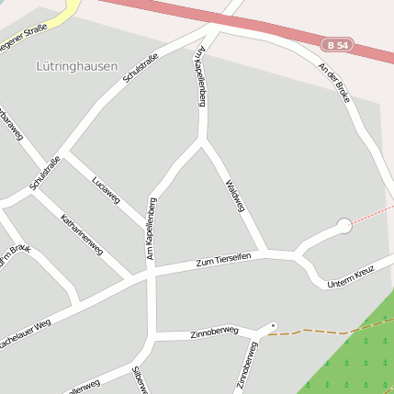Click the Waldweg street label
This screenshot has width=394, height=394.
pos(234,196)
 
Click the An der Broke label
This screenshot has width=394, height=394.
pos(332,82)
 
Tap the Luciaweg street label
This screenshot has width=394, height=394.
pos(107,187)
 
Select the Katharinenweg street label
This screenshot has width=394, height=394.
pos(81,235)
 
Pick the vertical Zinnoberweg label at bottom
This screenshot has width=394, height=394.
pos(245,366)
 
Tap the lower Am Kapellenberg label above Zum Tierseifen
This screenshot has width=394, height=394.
pos(152,228)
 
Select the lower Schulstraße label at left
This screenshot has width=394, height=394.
pos(45,173)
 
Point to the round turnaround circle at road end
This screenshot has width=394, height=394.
pos(344,224)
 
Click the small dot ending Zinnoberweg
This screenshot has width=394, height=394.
pos(273,325)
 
